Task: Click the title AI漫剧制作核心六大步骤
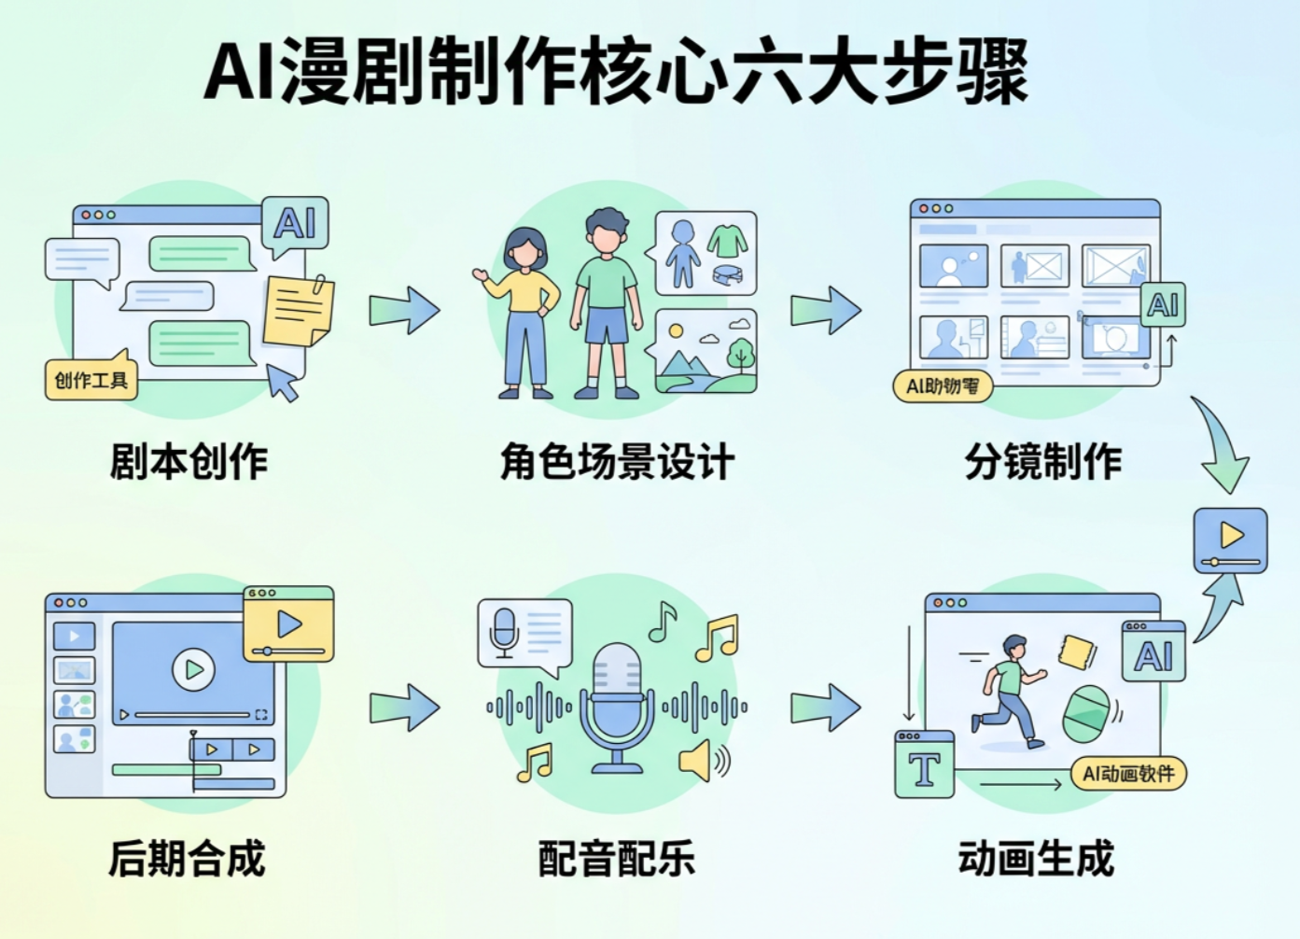(x=616, y=73)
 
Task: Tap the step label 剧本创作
(x=189, y=461)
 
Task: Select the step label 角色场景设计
(x=617, y=461)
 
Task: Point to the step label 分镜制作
(x=1042, y=461)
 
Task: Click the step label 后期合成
(x=188, y=858)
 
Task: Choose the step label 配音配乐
(x=617, y=858)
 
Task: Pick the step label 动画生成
(x=1036, y=858)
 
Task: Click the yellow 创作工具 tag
(x=91, y=380)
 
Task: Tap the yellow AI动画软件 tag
(x=1128, y=774)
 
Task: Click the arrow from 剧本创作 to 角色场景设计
(x=404, y=310)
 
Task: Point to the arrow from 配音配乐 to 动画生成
(x=826, y=707)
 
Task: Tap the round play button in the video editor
(x=193, y=669)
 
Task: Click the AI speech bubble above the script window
(x=295, y=224)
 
